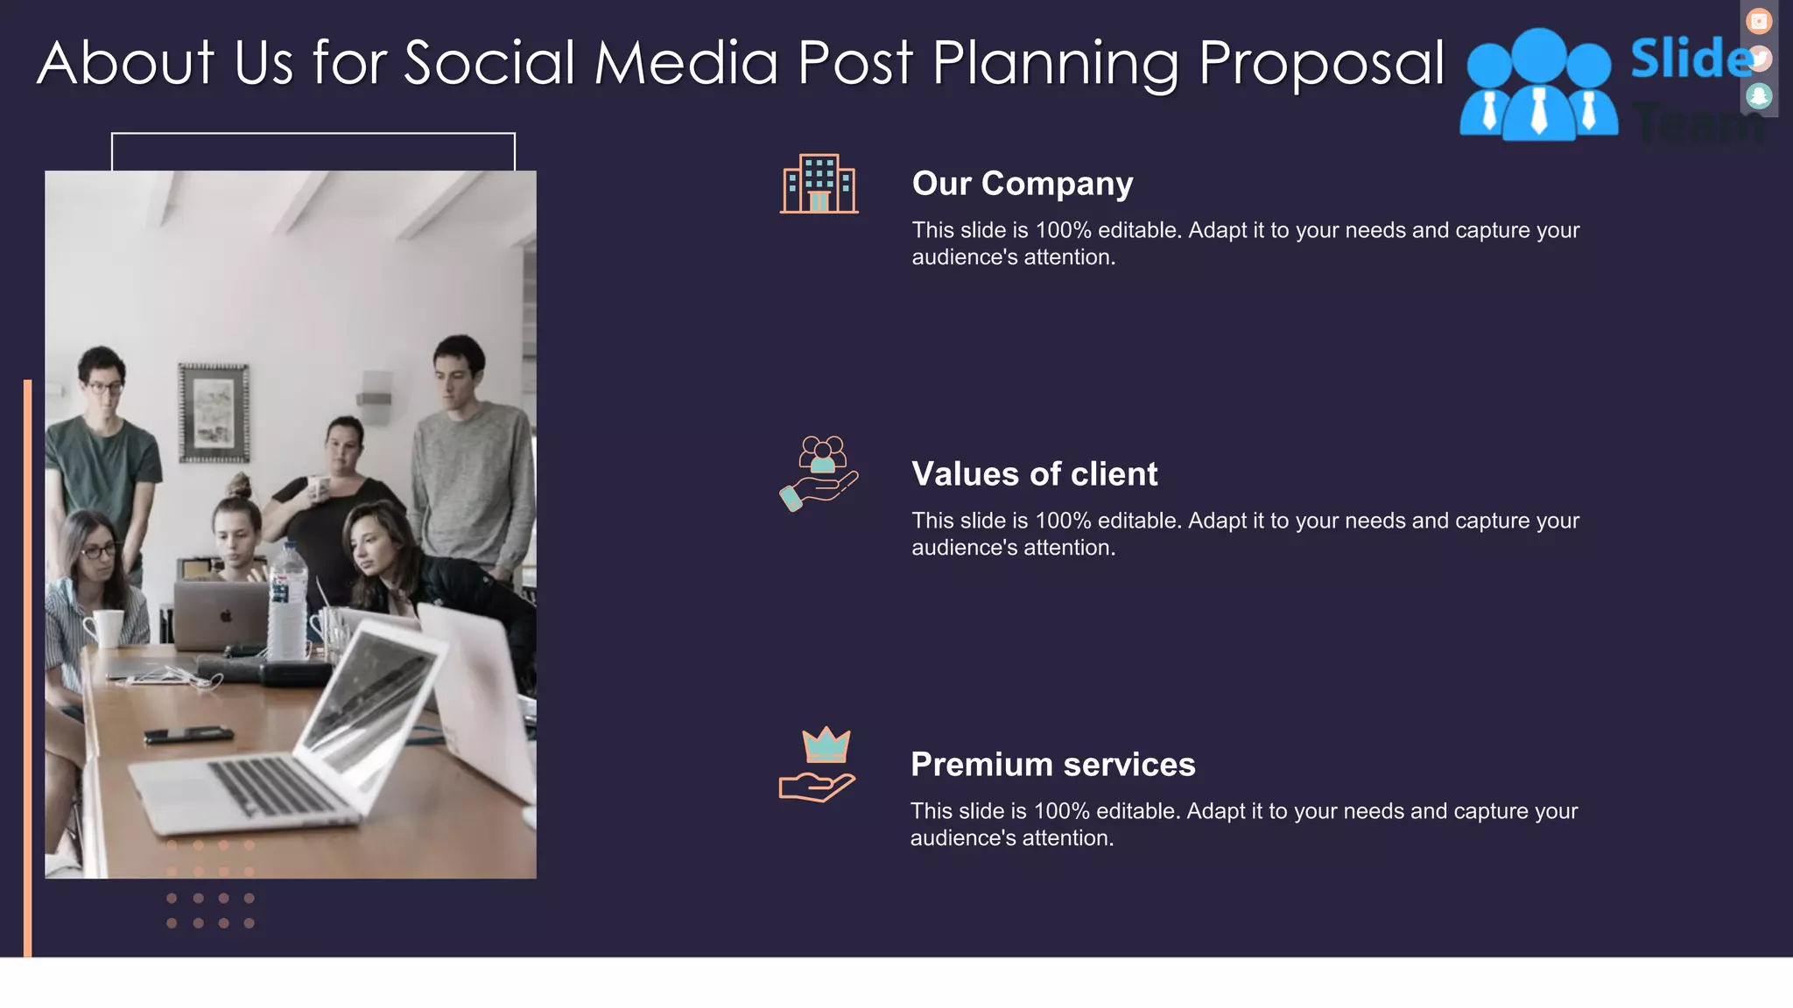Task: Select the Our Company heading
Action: click(x=1022, y=184)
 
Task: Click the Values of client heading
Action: click(x=1034, y=474)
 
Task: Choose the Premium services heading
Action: click(x=1052, y=765)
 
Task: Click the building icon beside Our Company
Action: click(x=819, y=184)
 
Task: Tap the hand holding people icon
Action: click(x=819, y=473)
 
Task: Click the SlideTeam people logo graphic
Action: click(x=1538, y=86)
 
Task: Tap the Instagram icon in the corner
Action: click(x=1758, y=21)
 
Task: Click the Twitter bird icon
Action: click(x=1759, y=59)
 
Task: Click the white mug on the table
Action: click(x=106, y=627)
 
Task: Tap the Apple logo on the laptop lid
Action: click(x=226, y=616)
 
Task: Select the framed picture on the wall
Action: click(x=214, y=413)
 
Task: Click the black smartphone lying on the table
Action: click(x=188, y=734)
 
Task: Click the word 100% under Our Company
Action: click(x=1063, y=231)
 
